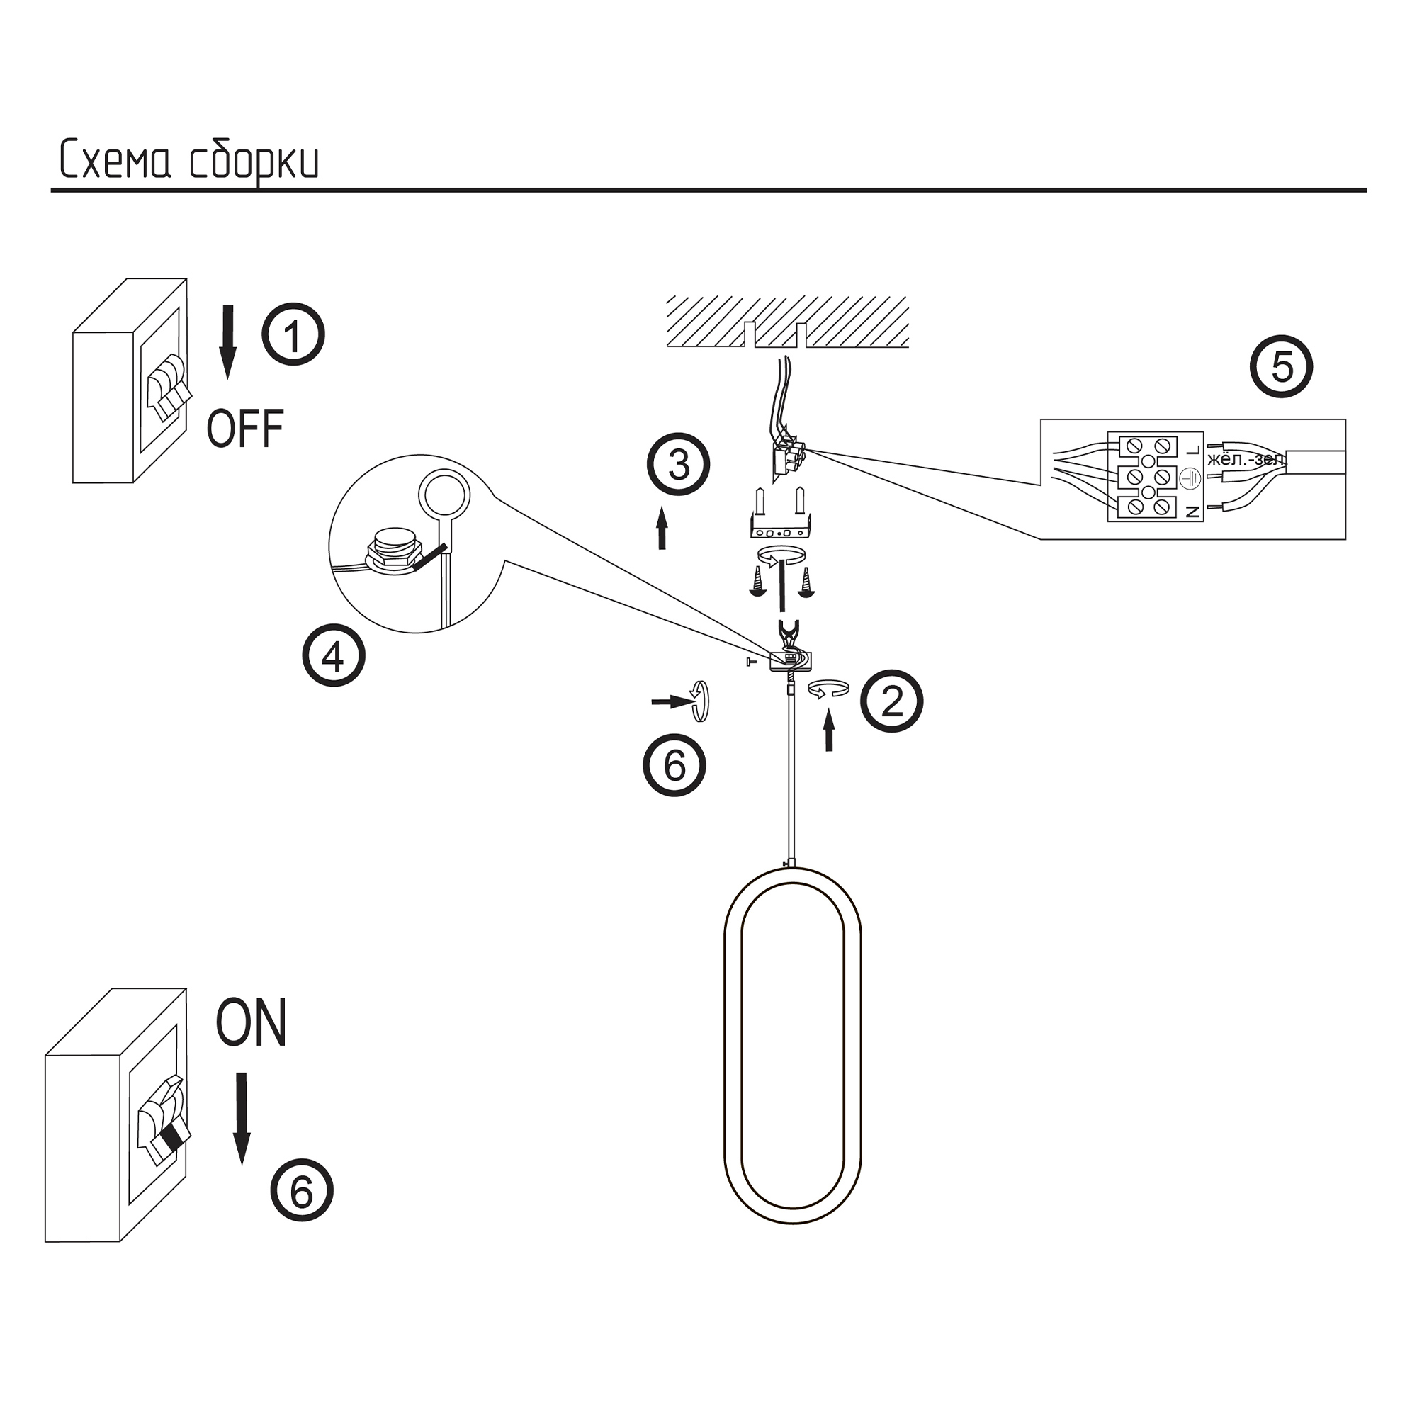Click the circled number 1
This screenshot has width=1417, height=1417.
[293, 335]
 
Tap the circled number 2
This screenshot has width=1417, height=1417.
[891, 701]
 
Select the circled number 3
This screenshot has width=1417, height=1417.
[679, 464]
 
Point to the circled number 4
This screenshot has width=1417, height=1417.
[334, 655]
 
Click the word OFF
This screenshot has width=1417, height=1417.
[245, 430]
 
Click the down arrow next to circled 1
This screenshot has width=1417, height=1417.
[229, 341]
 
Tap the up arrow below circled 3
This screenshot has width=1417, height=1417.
[662, 527]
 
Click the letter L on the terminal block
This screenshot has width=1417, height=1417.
[1192, 449]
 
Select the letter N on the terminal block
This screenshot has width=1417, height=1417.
[1192, 512]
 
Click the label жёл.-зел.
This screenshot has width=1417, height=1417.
[1246, 461]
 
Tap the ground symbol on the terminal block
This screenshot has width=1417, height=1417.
[1189, 478]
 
